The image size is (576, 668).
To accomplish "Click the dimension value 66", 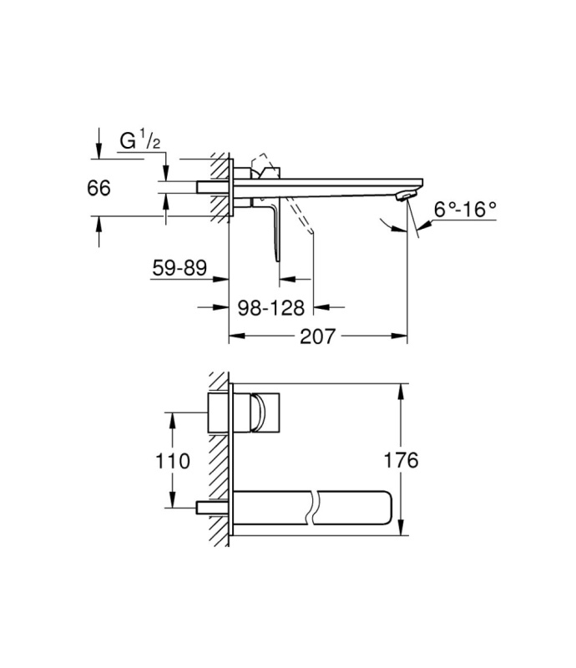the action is (99, 188).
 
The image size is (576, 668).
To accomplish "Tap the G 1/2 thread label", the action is (139, 140).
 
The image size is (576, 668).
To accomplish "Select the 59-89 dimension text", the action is (179, 268).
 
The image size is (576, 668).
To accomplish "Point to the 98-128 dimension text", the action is (271, 307).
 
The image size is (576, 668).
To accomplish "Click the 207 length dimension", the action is (318, 337).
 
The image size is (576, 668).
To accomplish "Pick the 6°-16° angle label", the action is (465, 210).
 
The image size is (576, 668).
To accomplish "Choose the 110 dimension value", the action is (172, 461).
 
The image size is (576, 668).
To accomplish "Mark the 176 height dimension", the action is (401, 460).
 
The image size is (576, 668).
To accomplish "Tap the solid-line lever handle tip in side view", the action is (277, 259).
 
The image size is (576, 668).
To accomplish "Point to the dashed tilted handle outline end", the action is (312, 231).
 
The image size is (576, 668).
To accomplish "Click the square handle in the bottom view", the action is (265, 412).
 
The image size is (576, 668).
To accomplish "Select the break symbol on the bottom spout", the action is (314, 508).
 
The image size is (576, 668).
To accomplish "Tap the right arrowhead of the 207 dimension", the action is (400, 337).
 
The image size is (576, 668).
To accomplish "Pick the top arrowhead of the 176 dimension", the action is (400, 391).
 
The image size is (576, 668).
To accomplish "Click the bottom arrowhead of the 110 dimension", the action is (172, 499).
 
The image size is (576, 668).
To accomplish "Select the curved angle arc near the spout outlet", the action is (392, 225).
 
